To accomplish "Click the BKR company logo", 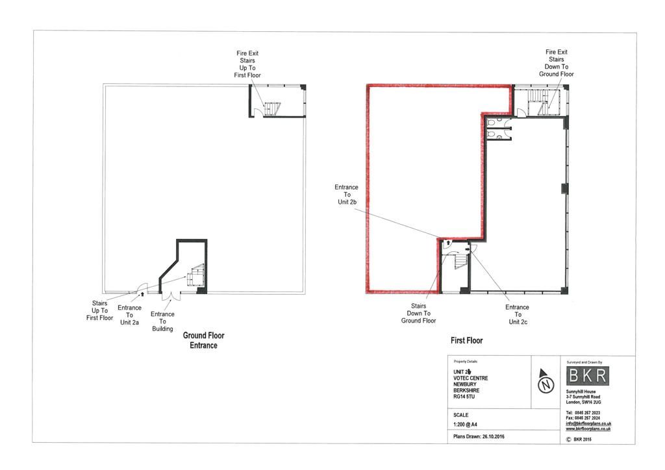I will (588, 376).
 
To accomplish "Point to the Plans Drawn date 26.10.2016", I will (479, 436).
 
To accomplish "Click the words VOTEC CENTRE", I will (471, 378).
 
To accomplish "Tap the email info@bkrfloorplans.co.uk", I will (588, 424).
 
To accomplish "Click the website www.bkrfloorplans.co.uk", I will (588, 429).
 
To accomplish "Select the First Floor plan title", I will (467, 340).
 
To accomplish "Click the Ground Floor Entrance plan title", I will (203, 341).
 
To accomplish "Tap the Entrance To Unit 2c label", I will (517, 314).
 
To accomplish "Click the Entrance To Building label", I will (162, 321).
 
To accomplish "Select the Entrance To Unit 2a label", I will (129, 315).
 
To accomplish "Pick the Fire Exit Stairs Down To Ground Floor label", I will (556, 63).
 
